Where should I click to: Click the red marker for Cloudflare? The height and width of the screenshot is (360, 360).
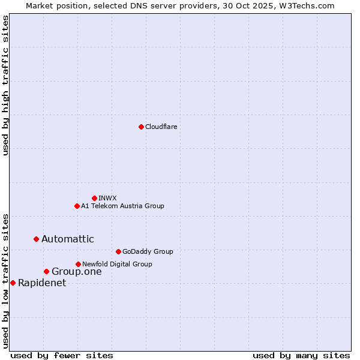(141, 127)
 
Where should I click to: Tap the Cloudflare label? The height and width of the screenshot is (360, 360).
(161, 127)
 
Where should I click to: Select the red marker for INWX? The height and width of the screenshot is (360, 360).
(94, 198)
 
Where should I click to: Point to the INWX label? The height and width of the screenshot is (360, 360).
(107, 198)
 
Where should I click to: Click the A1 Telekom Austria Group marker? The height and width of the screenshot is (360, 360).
(77, 206)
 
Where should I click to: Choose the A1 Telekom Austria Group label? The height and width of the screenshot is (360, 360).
(122, 206)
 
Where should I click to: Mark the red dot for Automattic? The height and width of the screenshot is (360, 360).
(36, 239)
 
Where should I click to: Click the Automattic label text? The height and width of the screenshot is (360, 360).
(67, 239)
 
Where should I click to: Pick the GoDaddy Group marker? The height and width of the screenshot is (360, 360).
(118, 251)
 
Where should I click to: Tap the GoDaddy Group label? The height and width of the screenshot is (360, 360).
(147, 251)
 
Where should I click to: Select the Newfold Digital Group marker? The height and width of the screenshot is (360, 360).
(78, 264)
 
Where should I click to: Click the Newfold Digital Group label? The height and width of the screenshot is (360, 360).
(117, 264)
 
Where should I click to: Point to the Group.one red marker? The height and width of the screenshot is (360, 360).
(46, 272)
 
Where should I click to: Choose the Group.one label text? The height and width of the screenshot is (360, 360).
(76, 272)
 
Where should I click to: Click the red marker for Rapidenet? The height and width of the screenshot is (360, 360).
(13, 283)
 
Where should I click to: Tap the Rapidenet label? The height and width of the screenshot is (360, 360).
(42, 283)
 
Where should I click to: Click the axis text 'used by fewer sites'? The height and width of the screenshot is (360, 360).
(62, 355)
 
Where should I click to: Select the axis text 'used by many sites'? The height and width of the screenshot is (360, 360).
(301, 355)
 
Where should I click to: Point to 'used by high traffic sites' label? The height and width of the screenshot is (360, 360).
(6, 85)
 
